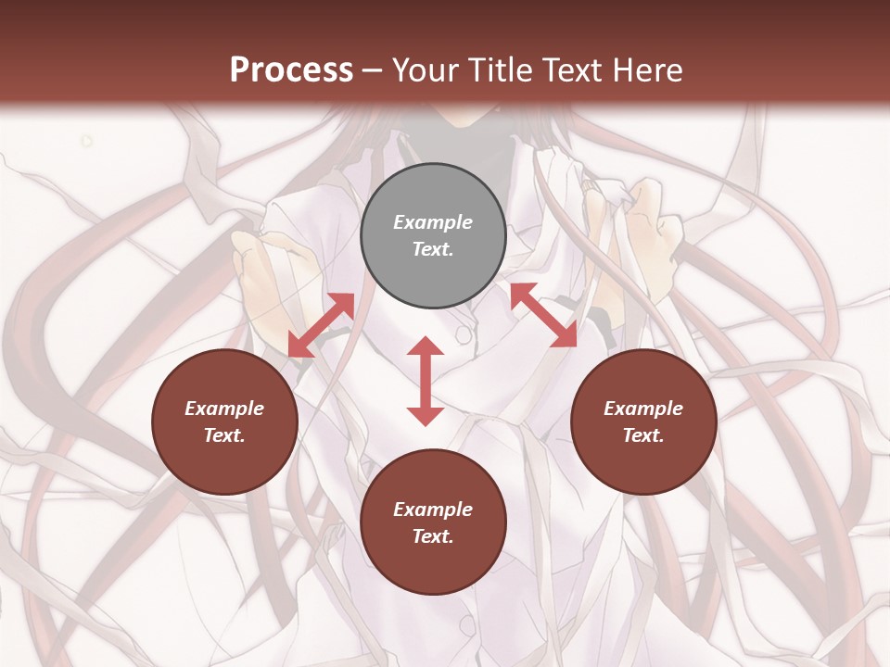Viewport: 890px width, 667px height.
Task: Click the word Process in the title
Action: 291,69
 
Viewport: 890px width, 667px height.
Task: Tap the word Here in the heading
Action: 646,69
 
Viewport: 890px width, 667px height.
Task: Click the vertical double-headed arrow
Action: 426,381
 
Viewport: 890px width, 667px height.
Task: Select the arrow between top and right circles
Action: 543,315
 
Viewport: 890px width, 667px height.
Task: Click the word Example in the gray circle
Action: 433,222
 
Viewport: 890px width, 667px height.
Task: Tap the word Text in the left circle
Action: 224,435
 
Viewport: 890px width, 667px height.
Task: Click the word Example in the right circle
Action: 643,409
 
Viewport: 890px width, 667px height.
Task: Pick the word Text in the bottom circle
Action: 433,536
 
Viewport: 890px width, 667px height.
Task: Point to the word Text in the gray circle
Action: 433,249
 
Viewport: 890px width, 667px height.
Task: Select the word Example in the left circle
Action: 224,409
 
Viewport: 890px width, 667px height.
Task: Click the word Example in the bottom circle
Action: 433,510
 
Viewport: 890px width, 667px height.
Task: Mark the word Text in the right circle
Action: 643,435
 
